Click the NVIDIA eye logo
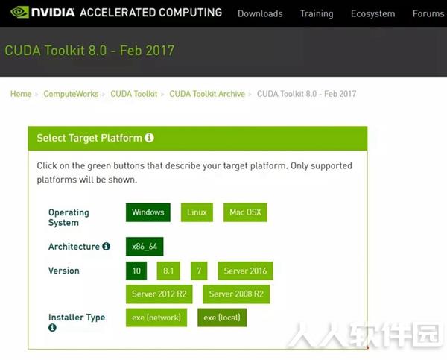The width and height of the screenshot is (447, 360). (x=19, y=12)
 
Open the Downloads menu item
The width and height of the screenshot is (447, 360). (x=260, y=13)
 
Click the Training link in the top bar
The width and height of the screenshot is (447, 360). (x=317, y=13)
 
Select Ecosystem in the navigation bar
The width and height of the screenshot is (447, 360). (x=372, y=13)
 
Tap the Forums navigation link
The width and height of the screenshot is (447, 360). (x=428, y=13)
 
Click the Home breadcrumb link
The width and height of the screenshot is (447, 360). (x=21, y=94)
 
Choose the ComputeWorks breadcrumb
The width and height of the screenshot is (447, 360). (x=71, y=94)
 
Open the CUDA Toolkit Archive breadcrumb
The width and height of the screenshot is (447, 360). (x=207, y=94)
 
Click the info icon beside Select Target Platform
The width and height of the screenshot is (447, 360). (x=149, y=138)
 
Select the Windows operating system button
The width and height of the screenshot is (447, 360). (x=148, y=212)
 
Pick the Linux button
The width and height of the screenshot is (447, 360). (x=197, y=212)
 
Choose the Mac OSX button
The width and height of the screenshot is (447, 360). (x=245, y=212)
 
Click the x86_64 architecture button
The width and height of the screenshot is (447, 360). (x=145, y=247)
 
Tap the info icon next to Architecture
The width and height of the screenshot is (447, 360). (x=106, y=246)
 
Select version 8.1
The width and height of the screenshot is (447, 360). (x=168, y=271)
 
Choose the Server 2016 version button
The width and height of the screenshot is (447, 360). (x=245, y=271)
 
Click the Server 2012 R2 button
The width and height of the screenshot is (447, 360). (x=159, y=294)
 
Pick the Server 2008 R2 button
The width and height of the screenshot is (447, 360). (x=236, y=294)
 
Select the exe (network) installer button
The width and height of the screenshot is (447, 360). (x=156, y=318)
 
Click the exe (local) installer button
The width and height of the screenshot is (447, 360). (x=222, y=318)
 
